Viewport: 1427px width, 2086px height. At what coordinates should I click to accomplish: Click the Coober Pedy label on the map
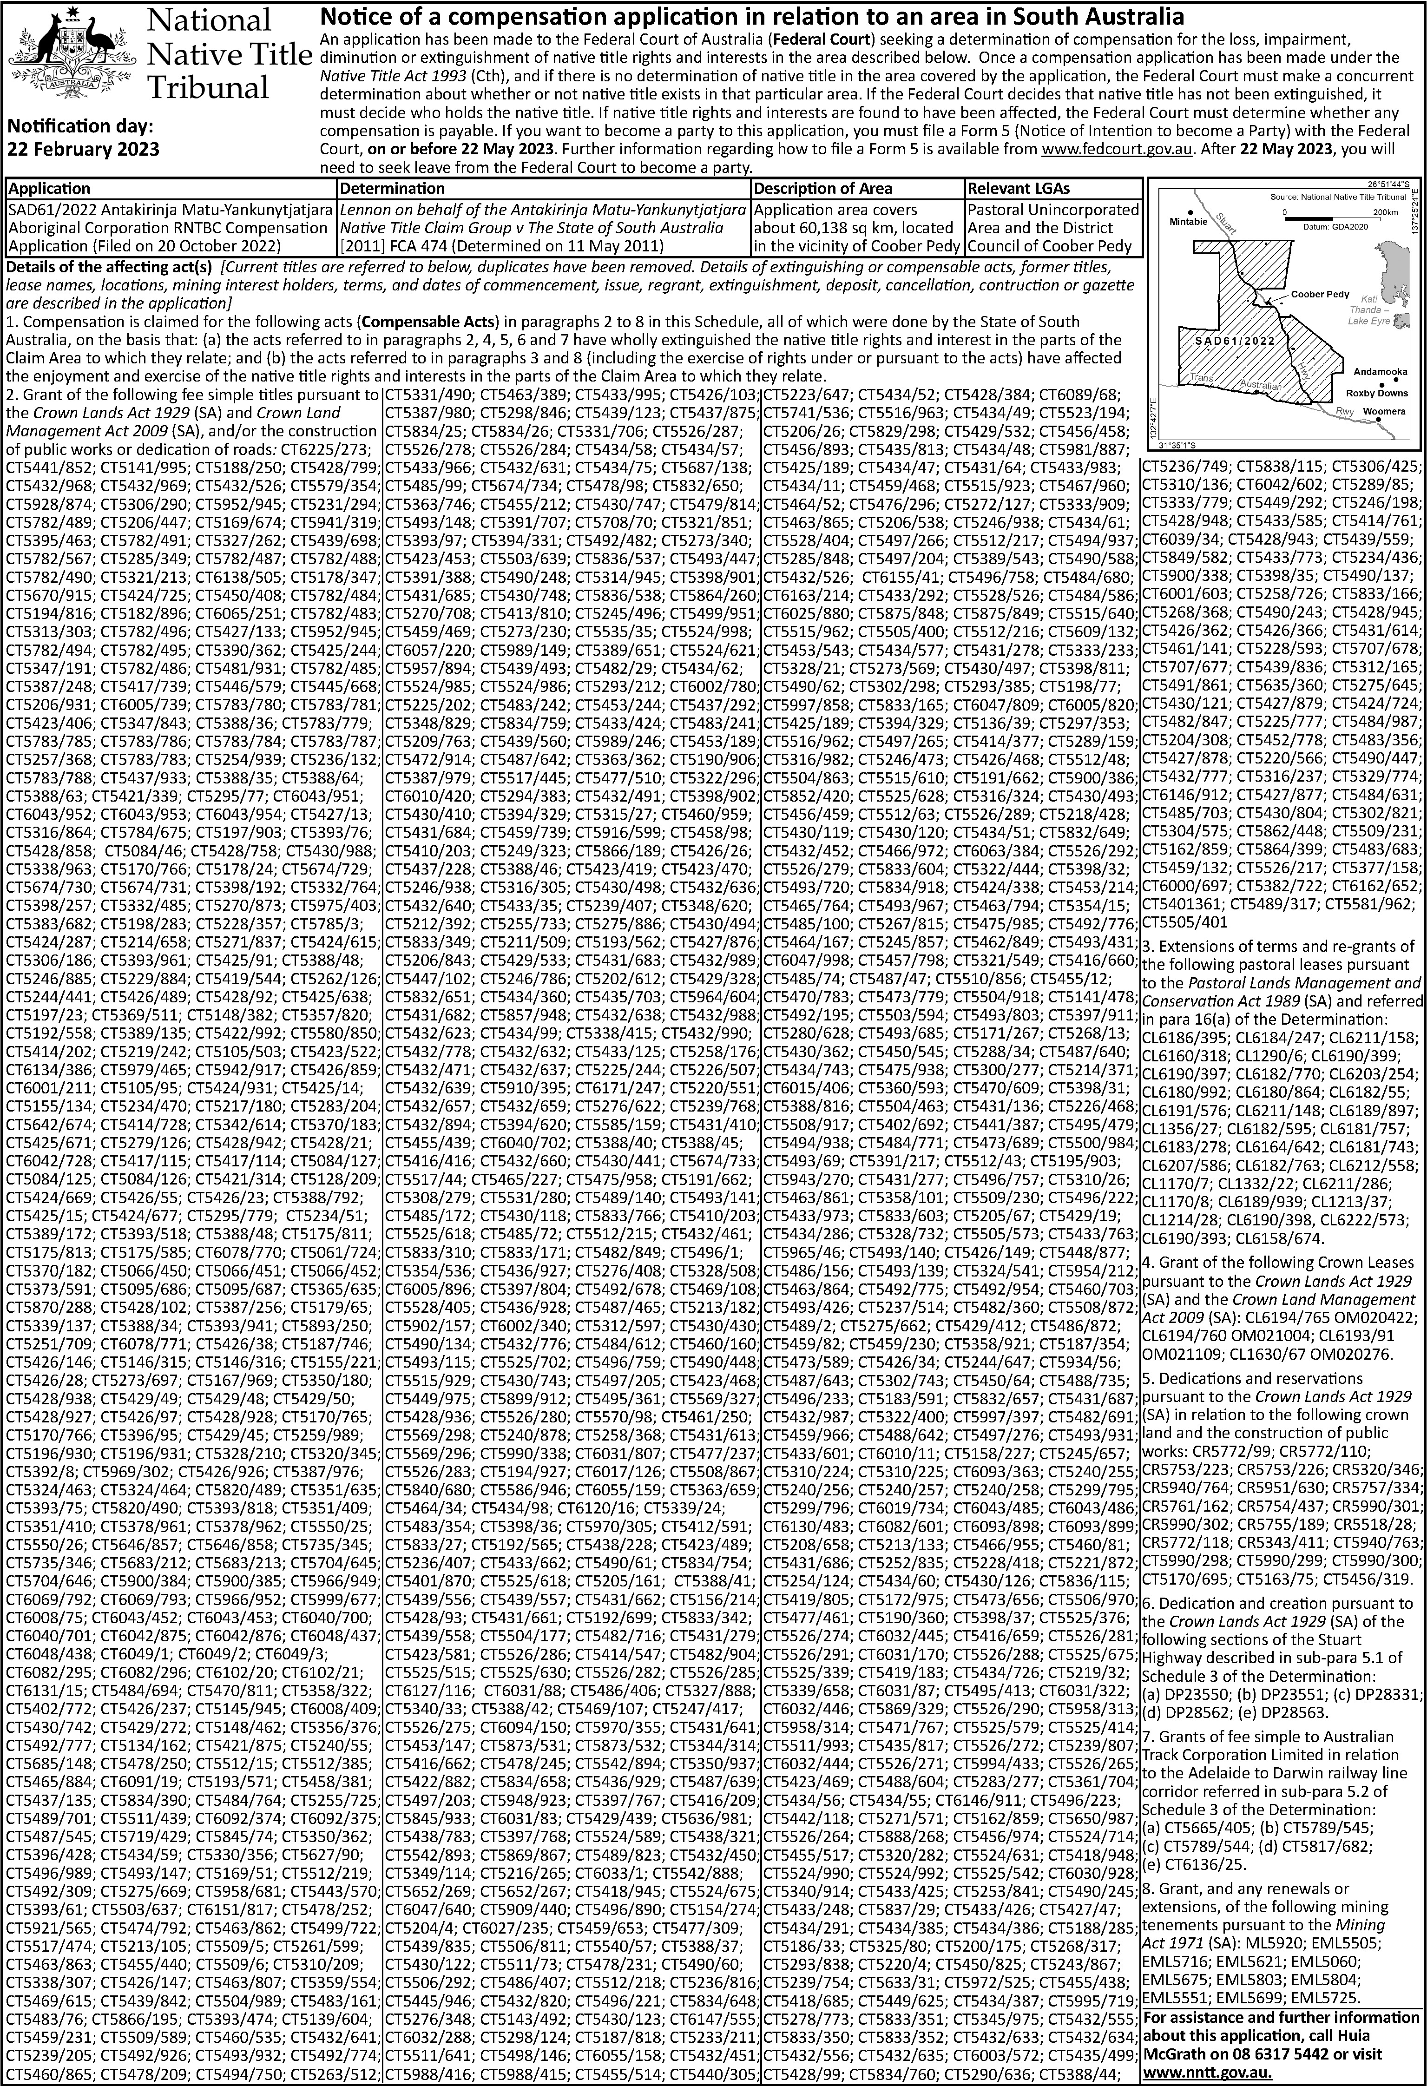coord(1319,294)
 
